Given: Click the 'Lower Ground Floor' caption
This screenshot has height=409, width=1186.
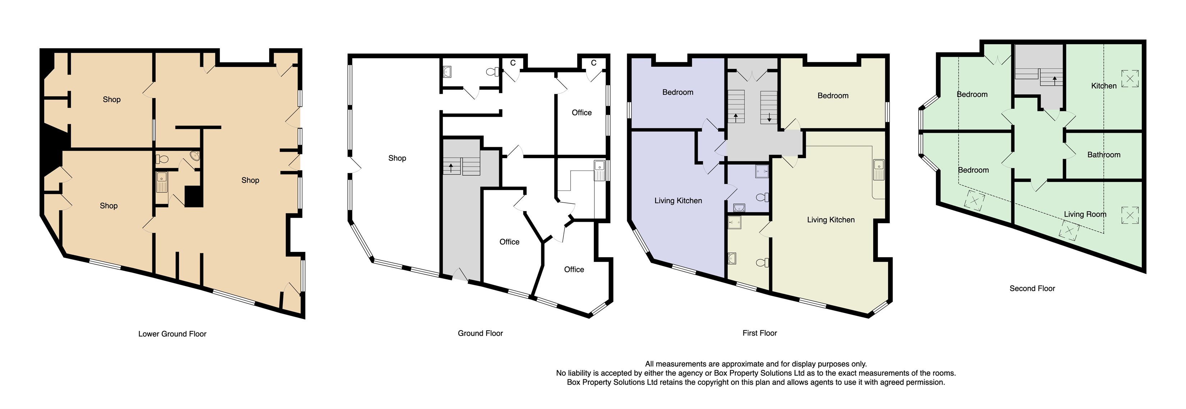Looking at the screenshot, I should (x=172, y=334).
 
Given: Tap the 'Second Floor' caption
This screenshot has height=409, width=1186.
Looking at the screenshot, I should (x=1032, y=288).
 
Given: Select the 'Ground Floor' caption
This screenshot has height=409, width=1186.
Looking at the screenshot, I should (x=480, y=333).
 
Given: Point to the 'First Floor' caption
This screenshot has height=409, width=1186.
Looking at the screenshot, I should (x=759, y=333).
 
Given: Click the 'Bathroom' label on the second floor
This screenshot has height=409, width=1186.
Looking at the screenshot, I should (x=1104, y=155).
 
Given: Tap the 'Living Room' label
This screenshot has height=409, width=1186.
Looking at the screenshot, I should (x=1085, y=214).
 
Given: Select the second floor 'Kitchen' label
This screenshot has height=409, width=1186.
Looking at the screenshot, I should (x=1104, y=86).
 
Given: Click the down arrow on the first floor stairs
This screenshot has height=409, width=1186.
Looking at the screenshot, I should (x=769, y=118).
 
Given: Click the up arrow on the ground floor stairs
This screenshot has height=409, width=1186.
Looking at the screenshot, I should (x=451, y=167).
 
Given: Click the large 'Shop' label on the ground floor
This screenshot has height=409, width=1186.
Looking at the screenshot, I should (x=397, y=158).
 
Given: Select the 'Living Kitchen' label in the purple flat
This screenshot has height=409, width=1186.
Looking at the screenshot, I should (x=678, y=201).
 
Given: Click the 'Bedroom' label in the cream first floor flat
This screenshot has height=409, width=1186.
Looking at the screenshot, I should (x=832, y=96).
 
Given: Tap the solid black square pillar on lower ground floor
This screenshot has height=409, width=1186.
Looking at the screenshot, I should (x=193, y=196).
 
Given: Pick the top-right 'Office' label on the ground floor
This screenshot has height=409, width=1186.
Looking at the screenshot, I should (x=581, y=113).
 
